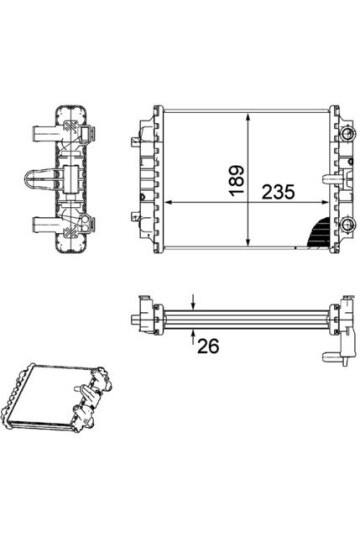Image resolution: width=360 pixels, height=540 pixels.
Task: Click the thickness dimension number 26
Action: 208,347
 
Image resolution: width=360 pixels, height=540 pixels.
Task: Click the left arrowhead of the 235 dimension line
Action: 171,201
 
